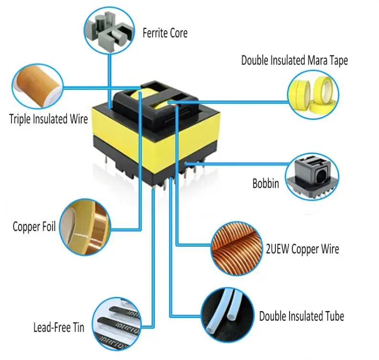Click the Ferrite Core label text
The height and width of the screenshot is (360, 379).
[165, 33]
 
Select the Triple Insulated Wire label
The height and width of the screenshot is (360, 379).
[48, 119]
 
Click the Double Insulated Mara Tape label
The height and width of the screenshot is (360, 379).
[294, 60]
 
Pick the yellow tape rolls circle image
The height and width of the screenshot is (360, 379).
[313, 93]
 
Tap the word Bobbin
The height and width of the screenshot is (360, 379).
[265, 183]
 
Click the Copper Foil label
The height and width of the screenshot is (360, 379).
[34, 226]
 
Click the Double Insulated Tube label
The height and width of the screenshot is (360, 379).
[301, 316]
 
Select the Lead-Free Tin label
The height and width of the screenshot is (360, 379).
[58, 327]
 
